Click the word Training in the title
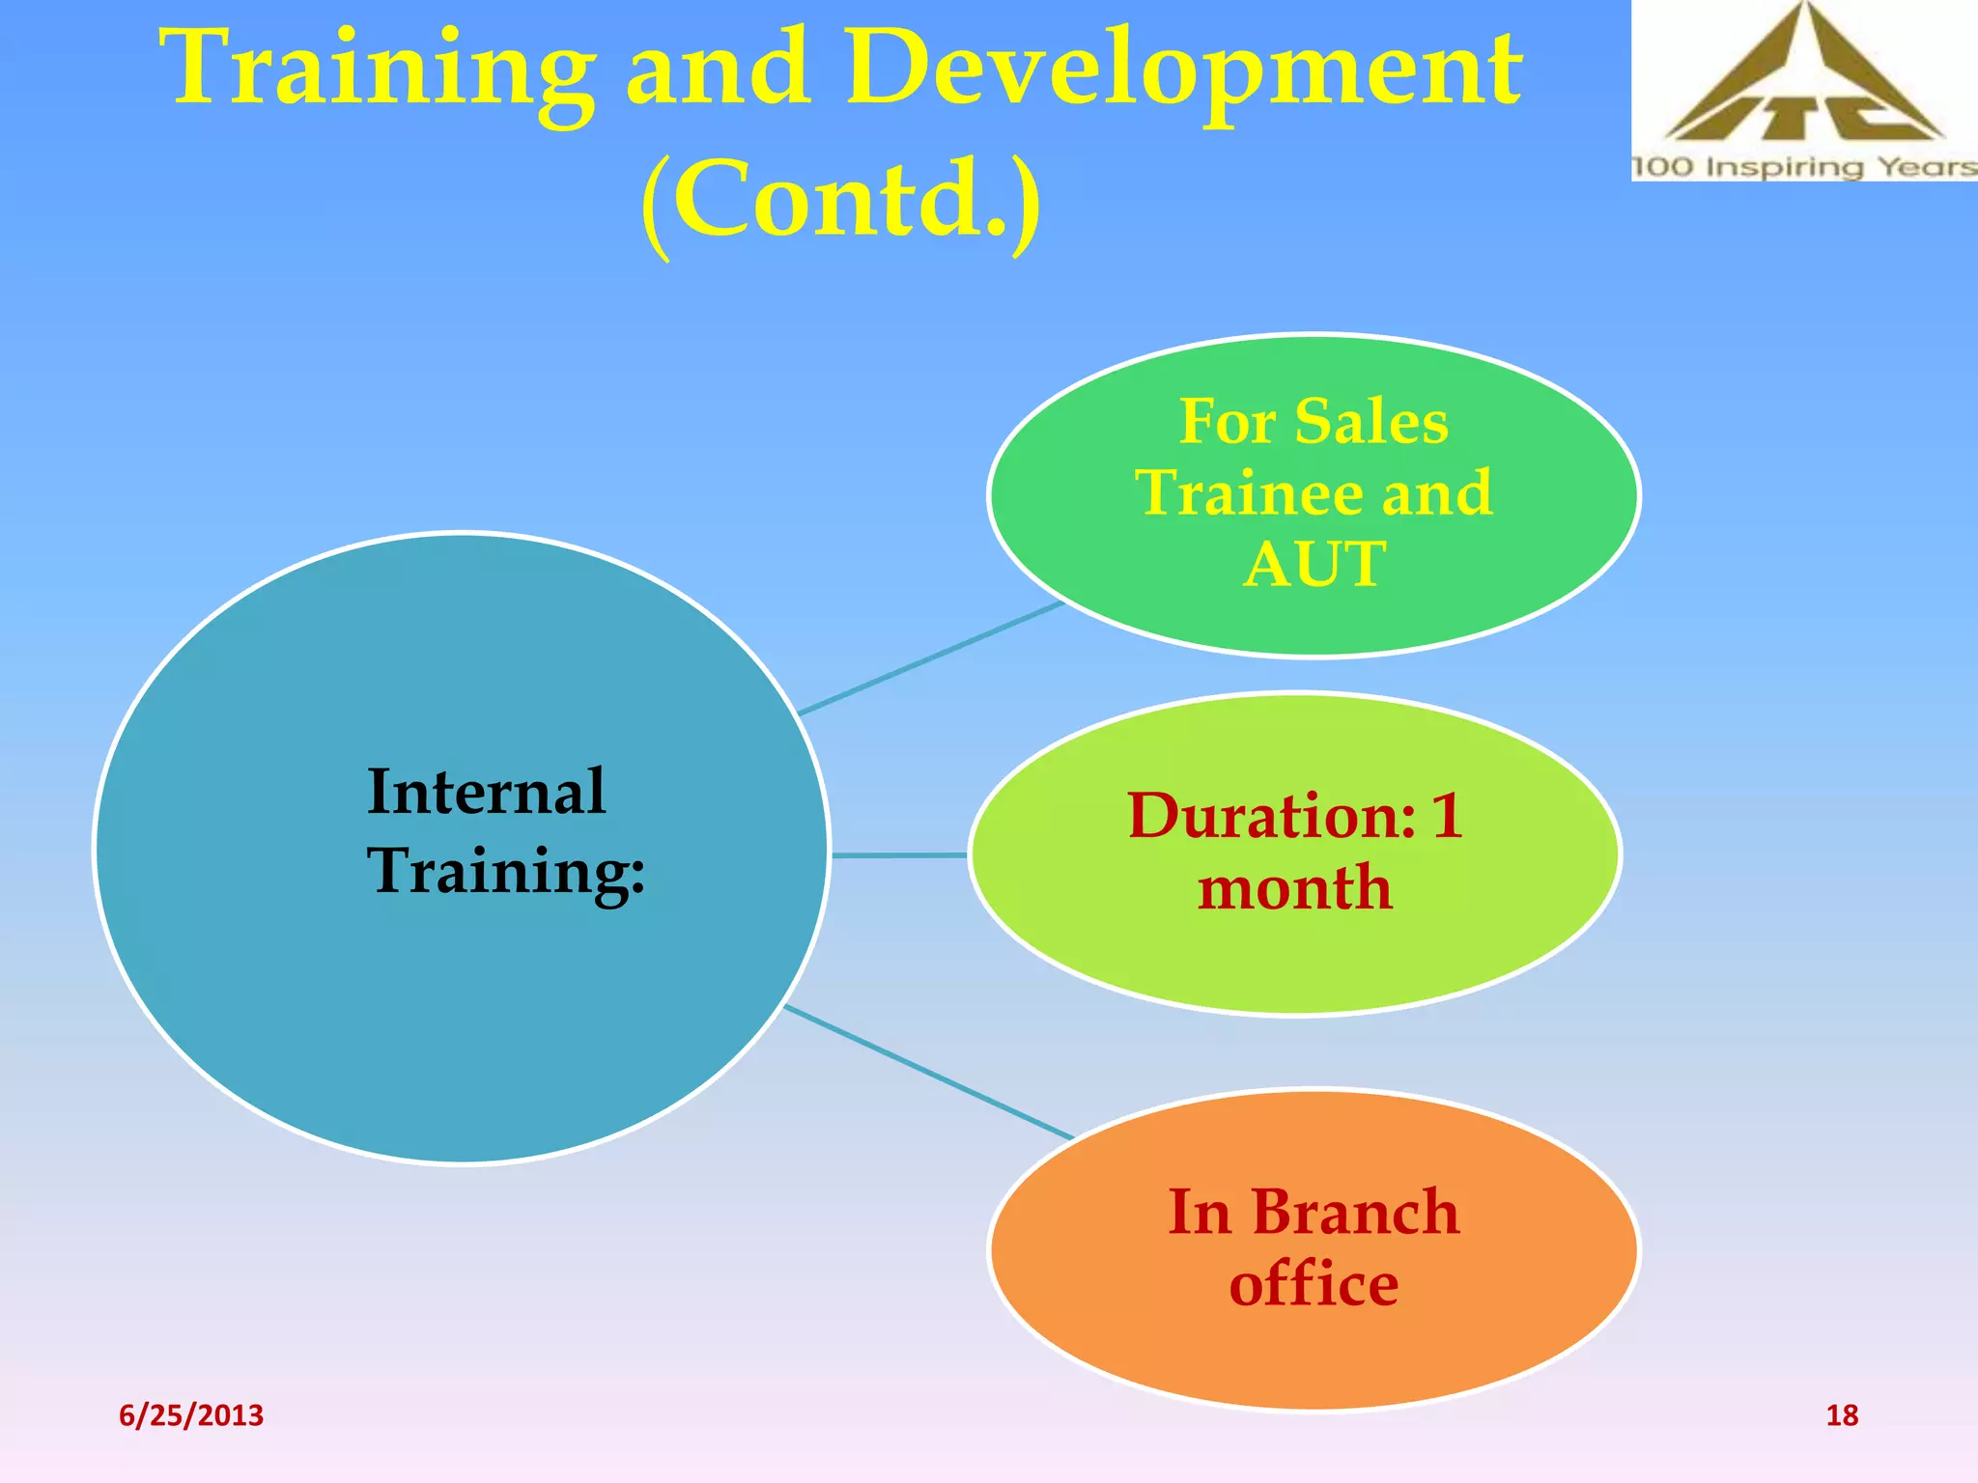pyautogui.click(x=381, y=70)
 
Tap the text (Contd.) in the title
pyautogui.click(x=840, y=198)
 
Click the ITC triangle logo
pyautogui.click(x=1802, y=82)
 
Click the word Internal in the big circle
pyautogui.click(x=486, y=792)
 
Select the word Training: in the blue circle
pyautogui.click(x=505, y=871)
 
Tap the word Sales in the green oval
pyautogui.click(x=1370, y=422)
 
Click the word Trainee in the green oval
pyautogui.click(x=1250, y=493)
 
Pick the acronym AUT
pyautogui.click(x=1314, y=564)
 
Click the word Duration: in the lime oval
pyautogui.click(x=1271, y=817)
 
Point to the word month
pyautogui.click(x=1294, y=888)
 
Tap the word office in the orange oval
pyautogui.click(x=1314, y=1284)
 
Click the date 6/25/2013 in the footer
pyautogui.click(x=191, y=1415)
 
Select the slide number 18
pyautogui.click(x=1841, y=1415)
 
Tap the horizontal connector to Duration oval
pyautogui.click(x=899, y=855)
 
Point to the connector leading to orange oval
pyautogui.click(x=927, y=1073)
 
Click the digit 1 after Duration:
pyautogui.click(x=1446, y=817)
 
